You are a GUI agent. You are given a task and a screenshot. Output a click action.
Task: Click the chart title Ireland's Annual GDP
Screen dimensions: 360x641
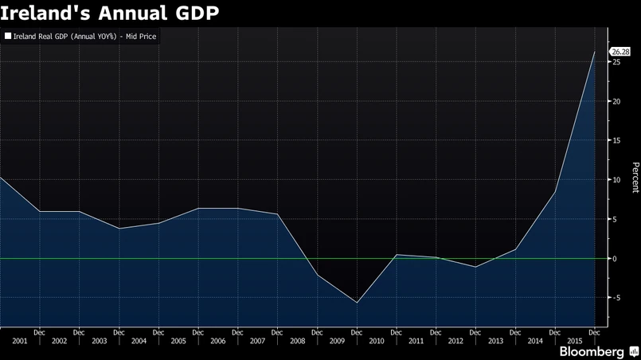(x=110, y=13)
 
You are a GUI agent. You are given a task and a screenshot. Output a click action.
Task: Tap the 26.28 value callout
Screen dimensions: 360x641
(x=620, y=52)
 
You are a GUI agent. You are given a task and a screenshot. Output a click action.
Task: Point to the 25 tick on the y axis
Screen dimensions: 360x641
(x=616, y=62)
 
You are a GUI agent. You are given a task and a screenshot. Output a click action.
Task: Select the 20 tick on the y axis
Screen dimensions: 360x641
(x=616, y=101)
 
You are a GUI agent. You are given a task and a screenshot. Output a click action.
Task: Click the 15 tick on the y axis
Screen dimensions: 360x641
(x=616, y=140)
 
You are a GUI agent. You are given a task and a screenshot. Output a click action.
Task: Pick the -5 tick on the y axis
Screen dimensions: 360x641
(x=616, y=298)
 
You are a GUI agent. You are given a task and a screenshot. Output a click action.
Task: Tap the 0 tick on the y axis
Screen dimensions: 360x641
(x=614, y=259)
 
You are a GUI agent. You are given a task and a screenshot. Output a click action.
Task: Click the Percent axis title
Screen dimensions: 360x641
(x=635, y=178)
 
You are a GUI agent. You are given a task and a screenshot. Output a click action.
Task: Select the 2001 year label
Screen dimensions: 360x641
(x=20, y=341)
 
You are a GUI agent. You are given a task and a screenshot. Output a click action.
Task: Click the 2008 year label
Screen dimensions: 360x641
(x=297, y=341)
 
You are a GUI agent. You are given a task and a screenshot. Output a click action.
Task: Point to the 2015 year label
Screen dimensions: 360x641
(x=574, y=341)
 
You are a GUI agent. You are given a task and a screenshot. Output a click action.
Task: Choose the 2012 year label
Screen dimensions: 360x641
(x=455, y=341)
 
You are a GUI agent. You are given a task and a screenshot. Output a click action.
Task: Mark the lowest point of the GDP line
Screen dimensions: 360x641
(x=357, y=303)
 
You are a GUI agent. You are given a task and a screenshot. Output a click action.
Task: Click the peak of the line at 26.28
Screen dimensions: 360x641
(x=594, y=52)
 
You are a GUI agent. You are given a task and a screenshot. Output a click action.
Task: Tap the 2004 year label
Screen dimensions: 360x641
(x=139, y=341)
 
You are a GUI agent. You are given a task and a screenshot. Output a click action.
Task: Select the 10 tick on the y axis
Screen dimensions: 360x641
(x=616, y=180)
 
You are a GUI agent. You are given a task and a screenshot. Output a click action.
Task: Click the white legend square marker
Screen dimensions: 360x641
(x=9, y=37)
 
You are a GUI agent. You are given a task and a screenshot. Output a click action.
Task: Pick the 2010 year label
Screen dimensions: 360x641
(x=377, y=341)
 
